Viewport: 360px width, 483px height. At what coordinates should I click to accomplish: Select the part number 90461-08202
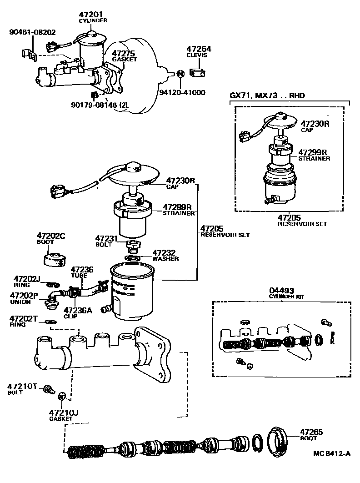coord(33,32)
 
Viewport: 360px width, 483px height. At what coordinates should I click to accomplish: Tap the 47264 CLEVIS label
coord(196,51)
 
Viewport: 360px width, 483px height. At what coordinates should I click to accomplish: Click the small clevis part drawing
coord(196,72)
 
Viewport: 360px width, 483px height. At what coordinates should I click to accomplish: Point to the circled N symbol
coord(180,73)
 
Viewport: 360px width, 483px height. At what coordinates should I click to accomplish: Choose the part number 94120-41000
coord(182,92)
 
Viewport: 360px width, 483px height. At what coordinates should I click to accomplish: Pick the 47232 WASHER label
coord(165,255)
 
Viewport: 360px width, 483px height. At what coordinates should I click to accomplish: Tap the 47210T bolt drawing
coord(48,389)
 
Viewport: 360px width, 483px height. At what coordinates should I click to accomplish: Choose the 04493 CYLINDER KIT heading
coord(281,293)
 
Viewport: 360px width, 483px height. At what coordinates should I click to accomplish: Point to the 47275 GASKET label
coord(123,56)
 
